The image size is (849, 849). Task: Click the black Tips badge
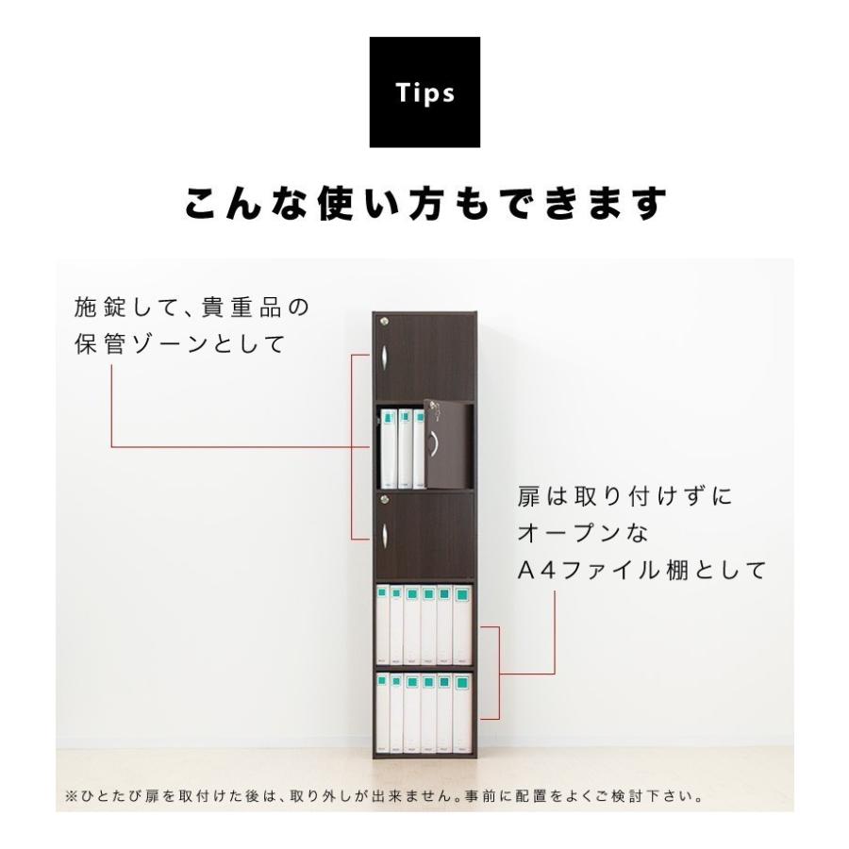point(424,92)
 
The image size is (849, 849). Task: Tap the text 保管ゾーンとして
point(179,344)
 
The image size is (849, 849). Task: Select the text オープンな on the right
point(583,533)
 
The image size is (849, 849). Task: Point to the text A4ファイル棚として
point(641,571)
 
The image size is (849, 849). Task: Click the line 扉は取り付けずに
point(624,497)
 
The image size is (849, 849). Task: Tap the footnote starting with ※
point(385,796)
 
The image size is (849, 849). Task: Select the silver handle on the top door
point(386,358)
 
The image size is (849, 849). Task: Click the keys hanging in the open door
point(435,409)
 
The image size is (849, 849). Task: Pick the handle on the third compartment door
point(386,539)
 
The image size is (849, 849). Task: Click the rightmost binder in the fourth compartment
point(461,624)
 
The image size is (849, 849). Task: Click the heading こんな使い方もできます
point(424,204)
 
